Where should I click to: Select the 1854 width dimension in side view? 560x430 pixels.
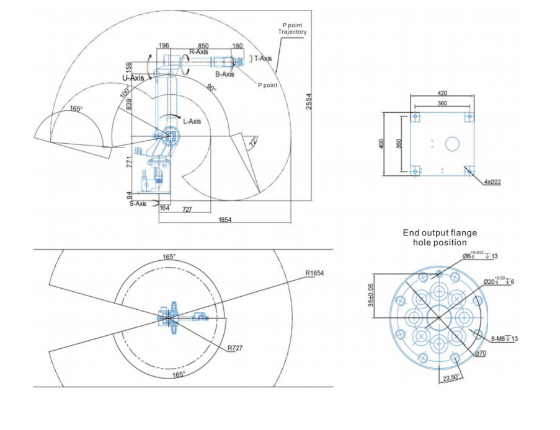224,220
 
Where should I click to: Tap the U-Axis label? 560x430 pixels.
132,78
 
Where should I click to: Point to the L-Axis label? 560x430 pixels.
192,121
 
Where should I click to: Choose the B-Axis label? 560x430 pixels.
224,74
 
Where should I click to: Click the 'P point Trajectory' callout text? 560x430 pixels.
291,28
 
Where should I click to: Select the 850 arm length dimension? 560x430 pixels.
203,45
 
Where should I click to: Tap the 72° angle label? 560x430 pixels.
252,143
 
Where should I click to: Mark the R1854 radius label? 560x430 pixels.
315,273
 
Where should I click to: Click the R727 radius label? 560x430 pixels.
235,348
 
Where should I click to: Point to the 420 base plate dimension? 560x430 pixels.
442,93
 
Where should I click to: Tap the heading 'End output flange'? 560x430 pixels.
440,233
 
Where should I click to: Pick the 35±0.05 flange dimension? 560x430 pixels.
371,295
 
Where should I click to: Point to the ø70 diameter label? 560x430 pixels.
481,353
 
